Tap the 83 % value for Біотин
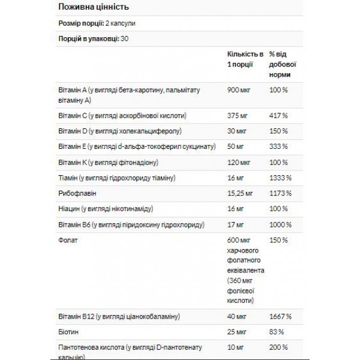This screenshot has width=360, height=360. pos(276,332)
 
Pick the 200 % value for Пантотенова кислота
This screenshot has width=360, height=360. pos(278,348)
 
